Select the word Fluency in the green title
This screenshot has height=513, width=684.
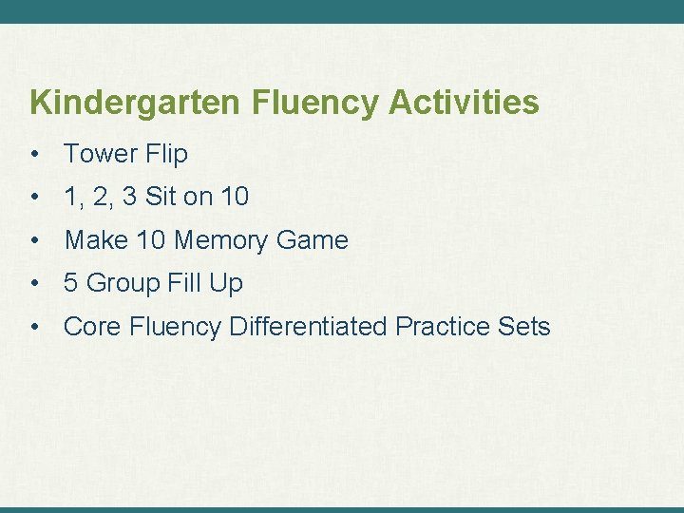pyautogui.click(x=316, y=103)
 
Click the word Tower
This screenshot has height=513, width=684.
pyautogui.click(x=100, y=154)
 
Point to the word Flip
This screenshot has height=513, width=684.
pyautogui.click(x=166, y=154)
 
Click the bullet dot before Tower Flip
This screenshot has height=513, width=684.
pyautogui.click(x=33, y=154)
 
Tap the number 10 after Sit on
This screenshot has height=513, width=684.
pyautogui.click(x=234, y=198)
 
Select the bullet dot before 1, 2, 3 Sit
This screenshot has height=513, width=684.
pyautogui.click(x=33, y=198)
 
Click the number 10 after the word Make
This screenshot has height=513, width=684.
pyautogui.click(x=150, y=240)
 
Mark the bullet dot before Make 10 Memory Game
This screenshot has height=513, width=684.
pyautogui.click(x=33, y=240)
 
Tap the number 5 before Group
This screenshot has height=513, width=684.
pyautogui.click(x=70, y=283)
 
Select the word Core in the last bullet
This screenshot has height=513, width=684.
pyautogui.click(x=92, y=327)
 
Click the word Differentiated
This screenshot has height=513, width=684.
pyautogui.click(x=309, y=327)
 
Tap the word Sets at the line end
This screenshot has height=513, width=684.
pyautogui.click(x=524, y=327)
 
